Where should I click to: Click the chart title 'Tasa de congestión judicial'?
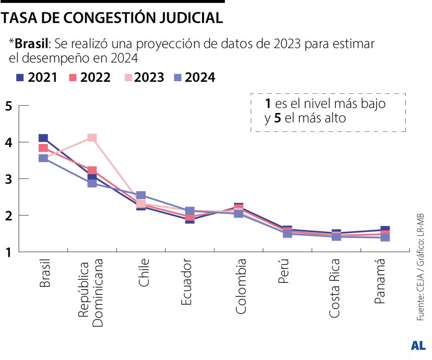pos(112,18)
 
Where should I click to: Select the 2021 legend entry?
pos(36,77)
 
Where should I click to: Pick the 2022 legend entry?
pos(90,77)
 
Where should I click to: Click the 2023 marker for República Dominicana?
pos(92,138)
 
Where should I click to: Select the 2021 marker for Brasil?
pos(43,138)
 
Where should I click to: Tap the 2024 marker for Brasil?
pos(43,158)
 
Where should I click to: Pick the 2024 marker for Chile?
pos(141,196)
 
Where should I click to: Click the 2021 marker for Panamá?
pos(385,229)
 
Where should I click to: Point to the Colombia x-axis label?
pos(241,286)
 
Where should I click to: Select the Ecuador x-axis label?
pos(186,282)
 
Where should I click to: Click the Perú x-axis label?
pos(284,271)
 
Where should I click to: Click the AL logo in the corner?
pos(418,346)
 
